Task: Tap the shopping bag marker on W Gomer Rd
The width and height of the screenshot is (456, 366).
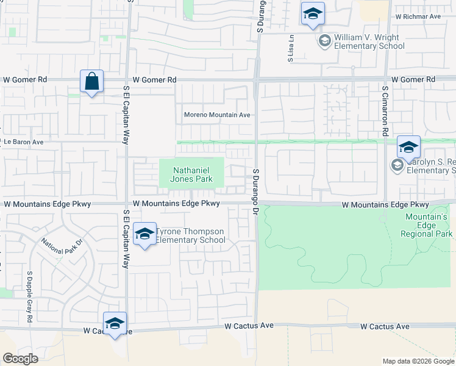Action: click(x=91, y=82)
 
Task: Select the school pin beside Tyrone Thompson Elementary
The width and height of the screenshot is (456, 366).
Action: click(x=144, y=234)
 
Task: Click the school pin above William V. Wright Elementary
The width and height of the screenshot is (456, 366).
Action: click(x=313, y=15)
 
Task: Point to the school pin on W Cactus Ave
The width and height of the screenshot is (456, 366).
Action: click(x=115, y=325)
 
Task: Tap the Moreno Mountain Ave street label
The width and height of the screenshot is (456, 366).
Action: click(x=218, y=115)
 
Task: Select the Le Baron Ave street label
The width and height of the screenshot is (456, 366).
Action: click(x=24, y=142)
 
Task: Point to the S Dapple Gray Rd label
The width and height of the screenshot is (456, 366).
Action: click(x=29, y=296)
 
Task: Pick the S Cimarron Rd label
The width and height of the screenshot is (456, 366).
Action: click(x=385, y=110)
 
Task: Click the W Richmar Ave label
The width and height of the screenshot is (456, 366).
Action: click(x=418, y=16)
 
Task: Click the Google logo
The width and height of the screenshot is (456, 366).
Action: click(x=20, y=358)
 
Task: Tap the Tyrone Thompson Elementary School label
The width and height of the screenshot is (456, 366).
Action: click(x=190, y=235)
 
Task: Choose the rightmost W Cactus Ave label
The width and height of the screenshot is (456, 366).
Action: click(x=384, y=327)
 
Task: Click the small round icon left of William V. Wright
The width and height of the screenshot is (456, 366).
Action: click(x=324, y=41)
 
